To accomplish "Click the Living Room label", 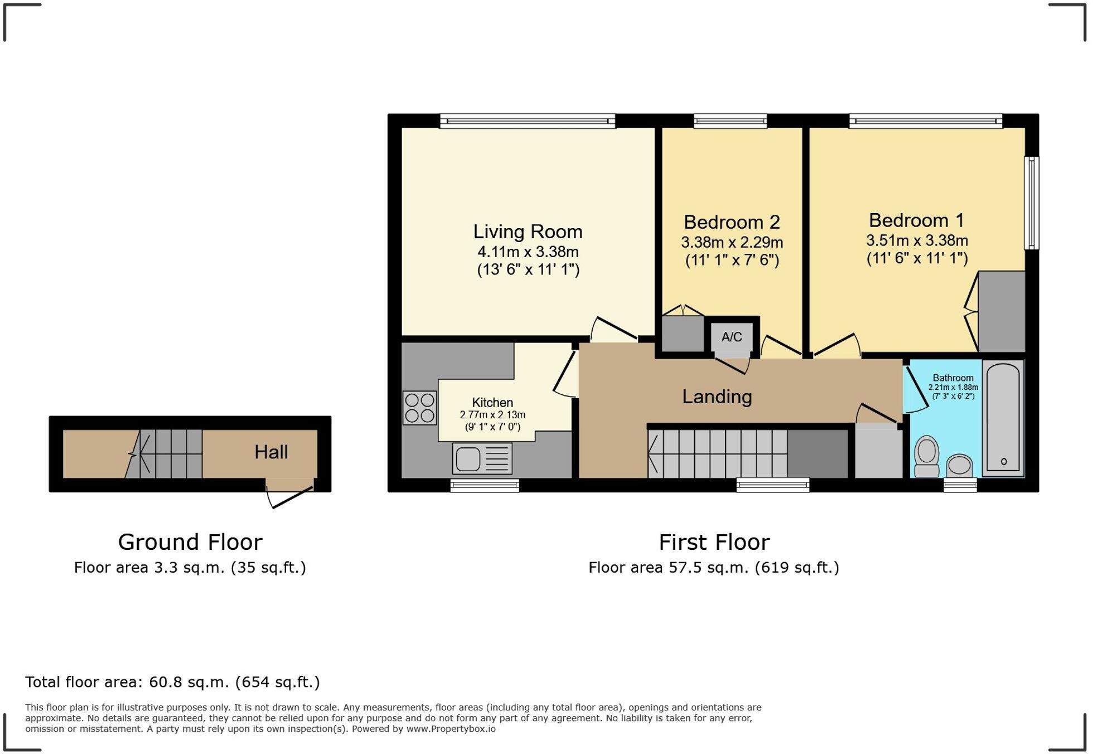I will coord(528,231).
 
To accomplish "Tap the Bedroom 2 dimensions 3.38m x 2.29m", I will coord(732,243).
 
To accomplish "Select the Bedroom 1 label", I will coord(916,220).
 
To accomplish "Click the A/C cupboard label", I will coord(732,337).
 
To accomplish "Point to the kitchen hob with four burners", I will coord(420,408).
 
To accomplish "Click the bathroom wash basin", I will coord(960,465).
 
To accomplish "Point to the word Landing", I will coord(717,397).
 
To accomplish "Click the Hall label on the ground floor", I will coord(271,452).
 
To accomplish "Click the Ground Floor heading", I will coord(190,542).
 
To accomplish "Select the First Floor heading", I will coord(714,542).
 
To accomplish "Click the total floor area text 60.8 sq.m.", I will coord(172,682).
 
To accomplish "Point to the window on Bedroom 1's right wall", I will coord(1032,203).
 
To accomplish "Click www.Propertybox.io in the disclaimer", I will coord(451,729).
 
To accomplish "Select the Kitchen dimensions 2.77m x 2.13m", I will coord(492,415).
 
